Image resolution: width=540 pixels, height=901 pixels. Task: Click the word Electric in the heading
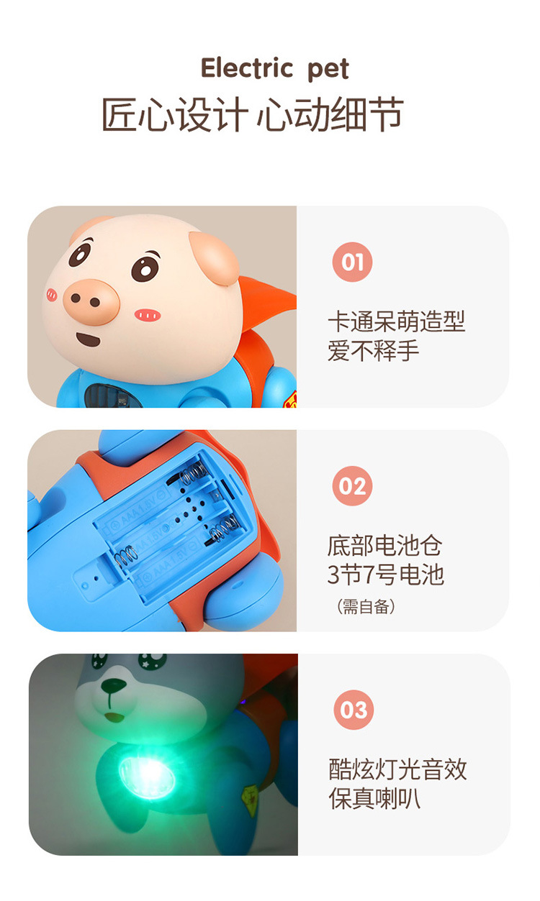[x=247, y=68]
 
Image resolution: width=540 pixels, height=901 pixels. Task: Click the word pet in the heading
[x=328, y=70]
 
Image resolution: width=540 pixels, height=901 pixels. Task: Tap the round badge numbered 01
[x=352, y=262]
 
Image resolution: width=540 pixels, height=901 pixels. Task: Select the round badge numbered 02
[x=352, y=486]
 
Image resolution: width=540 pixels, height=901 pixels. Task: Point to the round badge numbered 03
[x=354, y=710]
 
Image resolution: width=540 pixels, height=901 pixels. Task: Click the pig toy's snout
[x=92, y=302]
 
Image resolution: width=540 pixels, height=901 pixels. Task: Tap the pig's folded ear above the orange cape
[x=215, y=258]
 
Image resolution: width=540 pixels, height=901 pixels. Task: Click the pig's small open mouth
[x=89, y=339]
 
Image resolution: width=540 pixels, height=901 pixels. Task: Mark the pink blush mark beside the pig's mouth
[x=148, y=315]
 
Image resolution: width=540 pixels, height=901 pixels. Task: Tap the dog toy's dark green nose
[x=113, y=685]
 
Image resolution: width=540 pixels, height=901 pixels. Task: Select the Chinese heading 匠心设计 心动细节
[x=253, y=115]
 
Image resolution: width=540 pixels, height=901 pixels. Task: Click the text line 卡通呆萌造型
[x=396, y=322]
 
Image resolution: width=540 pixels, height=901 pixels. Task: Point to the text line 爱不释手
[x=373, y=351]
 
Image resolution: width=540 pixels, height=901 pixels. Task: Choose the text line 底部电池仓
[x=385, y=546]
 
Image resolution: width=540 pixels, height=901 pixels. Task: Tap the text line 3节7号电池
[x=385, y=575]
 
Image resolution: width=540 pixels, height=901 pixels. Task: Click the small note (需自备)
[x=366, y=607]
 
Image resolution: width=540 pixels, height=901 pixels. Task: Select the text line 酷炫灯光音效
[x=398, y=770]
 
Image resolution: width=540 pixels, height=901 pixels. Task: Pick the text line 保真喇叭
[x=375, y=799]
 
